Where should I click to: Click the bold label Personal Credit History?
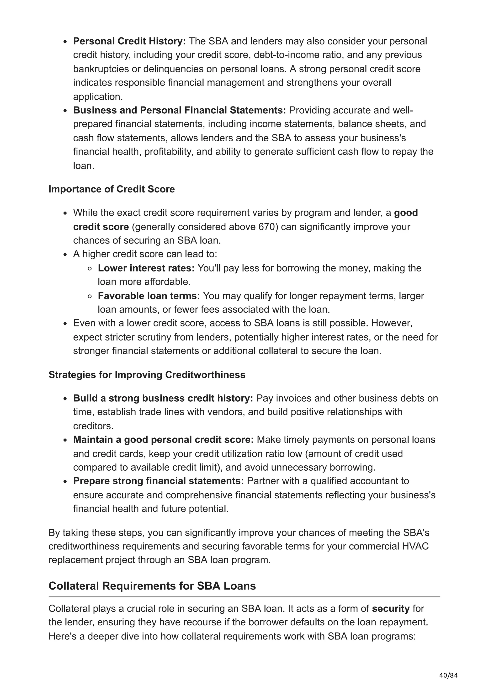click(x=129, y=41)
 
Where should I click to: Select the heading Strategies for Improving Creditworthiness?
click(x=147, y=375)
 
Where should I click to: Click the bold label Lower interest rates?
click(x=146, y=268)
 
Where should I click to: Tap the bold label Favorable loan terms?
click(x=149, y=296)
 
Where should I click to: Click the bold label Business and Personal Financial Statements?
click(x=179, y=110)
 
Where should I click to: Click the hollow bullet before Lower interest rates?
click(x=90, y=268)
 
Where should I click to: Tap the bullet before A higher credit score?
click(x=65, y=254)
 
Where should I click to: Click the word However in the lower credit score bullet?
click(x=392, y=323)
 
